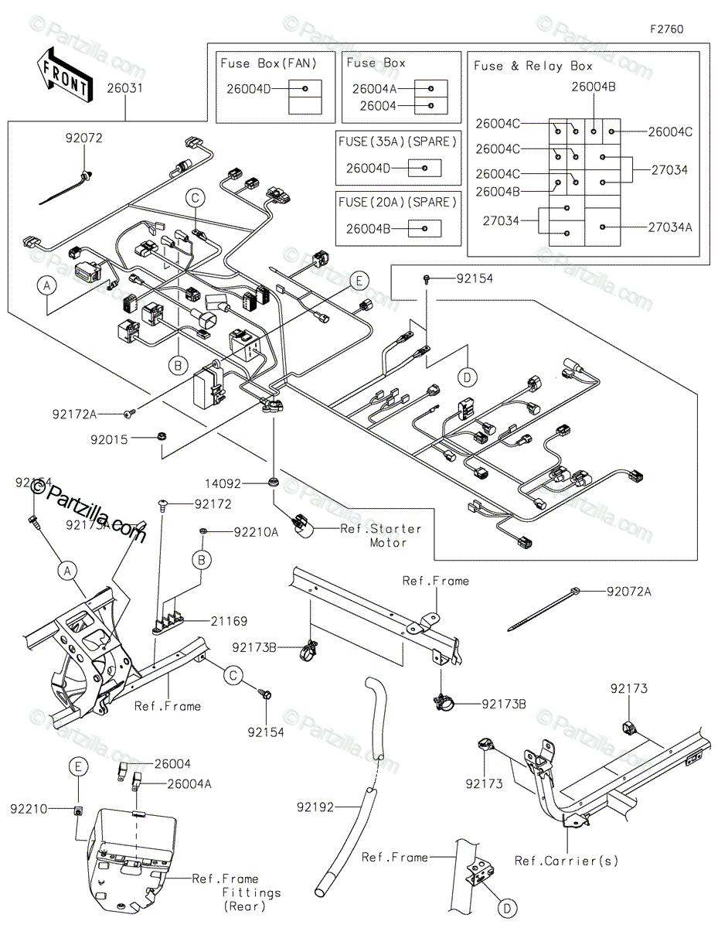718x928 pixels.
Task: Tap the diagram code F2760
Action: coord(665,29)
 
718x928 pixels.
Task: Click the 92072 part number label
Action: coord(83,138)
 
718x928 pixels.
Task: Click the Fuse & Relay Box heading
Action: coord(533,66)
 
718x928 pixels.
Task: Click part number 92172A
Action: coord(74,415)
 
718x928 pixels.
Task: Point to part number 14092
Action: coord(223,484)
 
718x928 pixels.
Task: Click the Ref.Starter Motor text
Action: coord(381,535)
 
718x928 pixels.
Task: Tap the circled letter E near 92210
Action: coord(77,766)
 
